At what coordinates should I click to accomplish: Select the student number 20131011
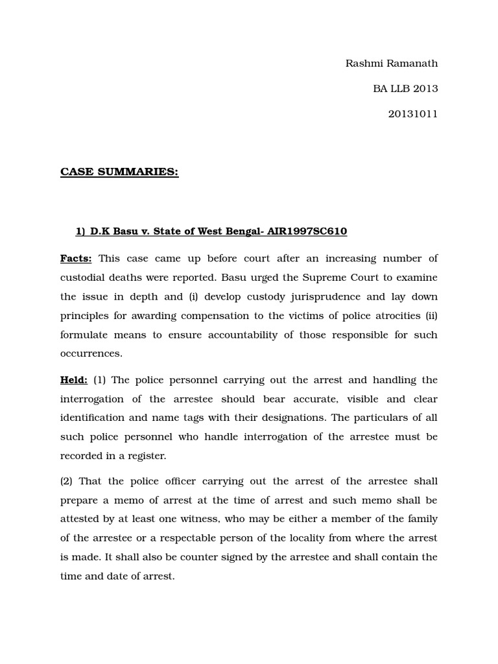[413, 113]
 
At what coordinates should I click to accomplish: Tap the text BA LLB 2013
[405, 88]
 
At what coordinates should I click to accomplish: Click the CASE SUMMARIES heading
[119, 172]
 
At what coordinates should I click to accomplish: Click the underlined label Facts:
[76, 258]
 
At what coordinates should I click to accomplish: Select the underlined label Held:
[74, 380]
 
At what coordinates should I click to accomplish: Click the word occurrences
[91, 354]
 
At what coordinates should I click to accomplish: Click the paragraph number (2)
[68, 481]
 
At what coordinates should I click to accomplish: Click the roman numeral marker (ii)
[430, 316]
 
